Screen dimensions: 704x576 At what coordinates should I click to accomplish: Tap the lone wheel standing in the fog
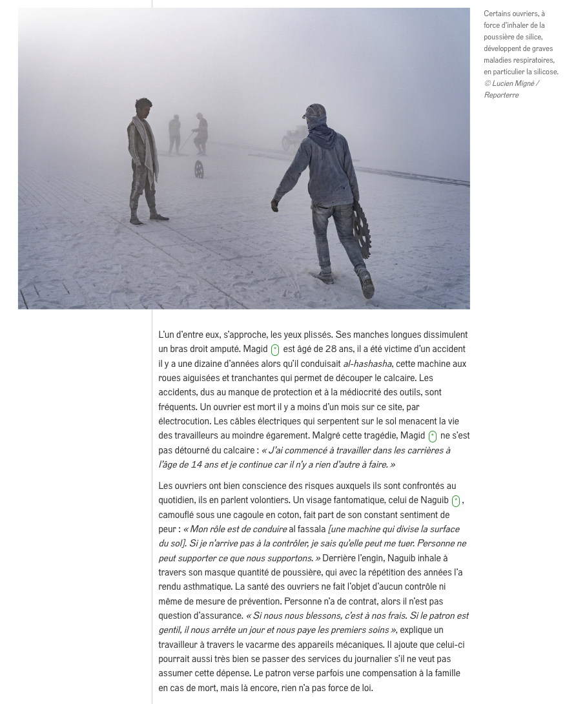pos(199,169)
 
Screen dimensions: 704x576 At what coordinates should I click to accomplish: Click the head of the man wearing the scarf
pos(143,107)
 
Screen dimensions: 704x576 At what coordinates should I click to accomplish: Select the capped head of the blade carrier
pos(314,114)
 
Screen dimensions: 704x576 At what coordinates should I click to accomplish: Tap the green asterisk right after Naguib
pos(456,501)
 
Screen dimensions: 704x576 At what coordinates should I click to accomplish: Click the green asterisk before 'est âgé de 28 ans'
pos(275,350)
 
